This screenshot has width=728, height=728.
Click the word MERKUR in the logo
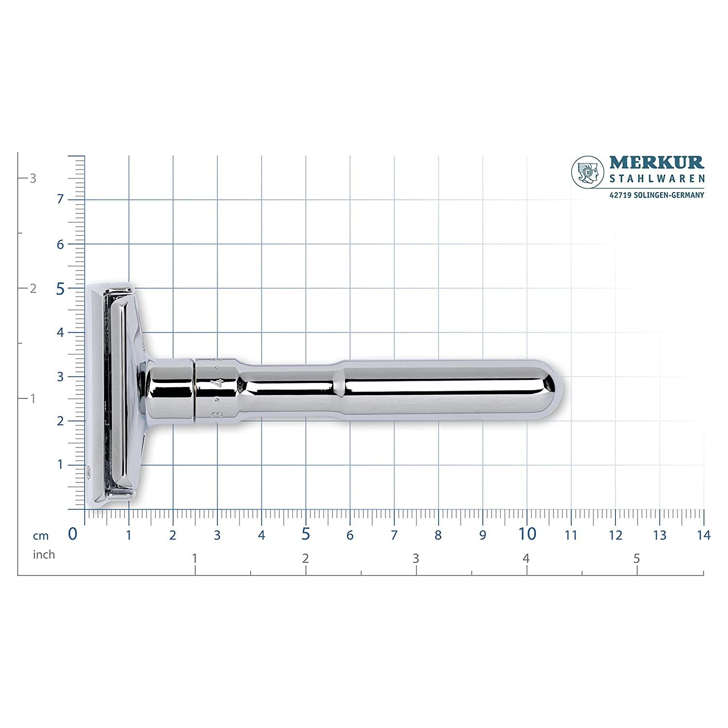pyautogui.click(x=656, y=163)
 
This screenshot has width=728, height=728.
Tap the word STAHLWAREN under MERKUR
pyautogui.click(x=656, y=179)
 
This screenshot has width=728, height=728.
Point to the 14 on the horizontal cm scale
pyautogui.click(x=703, y=535)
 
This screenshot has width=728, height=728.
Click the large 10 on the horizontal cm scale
pyautogui.click(x=527, y=534)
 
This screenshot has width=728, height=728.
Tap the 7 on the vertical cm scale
pyautogui.click(x=60, y=199)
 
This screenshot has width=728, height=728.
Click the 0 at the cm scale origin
pyautogui.click(x=73, y=534)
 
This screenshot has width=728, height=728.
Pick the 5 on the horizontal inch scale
pyautogui.click(x=637, y=559)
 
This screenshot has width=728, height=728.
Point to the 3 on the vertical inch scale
pyautogui.click(x=33, y=178)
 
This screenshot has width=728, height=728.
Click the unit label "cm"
pyautogui.click(x=41, y=536)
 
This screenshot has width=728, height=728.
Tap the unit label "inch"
pyautogui.click(x=44, y=554)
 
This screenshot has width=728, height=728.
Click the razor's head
pyautogui.click(x=116, y=391)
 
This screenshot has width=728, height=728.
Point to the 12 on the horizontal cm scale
pyautogui.click(x=615, y=535)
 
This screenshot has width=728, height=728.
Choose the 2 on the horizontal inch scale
pyautogui.click(x=305, y=559)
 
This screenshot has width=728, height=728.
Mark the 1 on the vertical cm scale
pyautogui.click(x=60, y=465)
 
